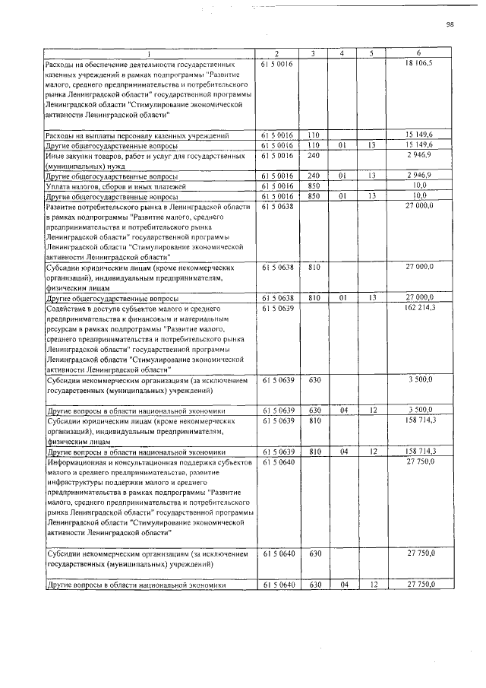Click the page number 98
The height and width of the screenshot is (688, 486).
[450, 24]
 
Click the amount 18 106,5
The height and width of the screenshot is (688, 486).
[419, 64]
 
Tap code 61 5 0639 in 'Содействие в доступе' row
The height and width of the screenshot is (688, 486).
[277, 309]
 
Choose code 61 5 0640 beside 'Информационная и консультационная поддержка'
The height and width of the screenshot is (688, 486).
[277, 461]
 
